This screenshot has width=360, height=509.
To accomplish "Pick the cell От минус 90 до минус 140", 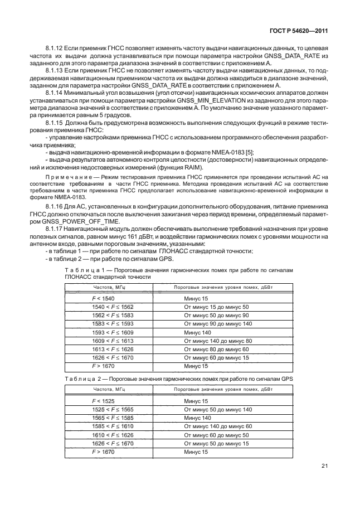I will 218,323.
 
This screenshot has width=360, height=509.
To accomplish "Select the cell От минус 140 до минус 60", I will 218,426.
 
